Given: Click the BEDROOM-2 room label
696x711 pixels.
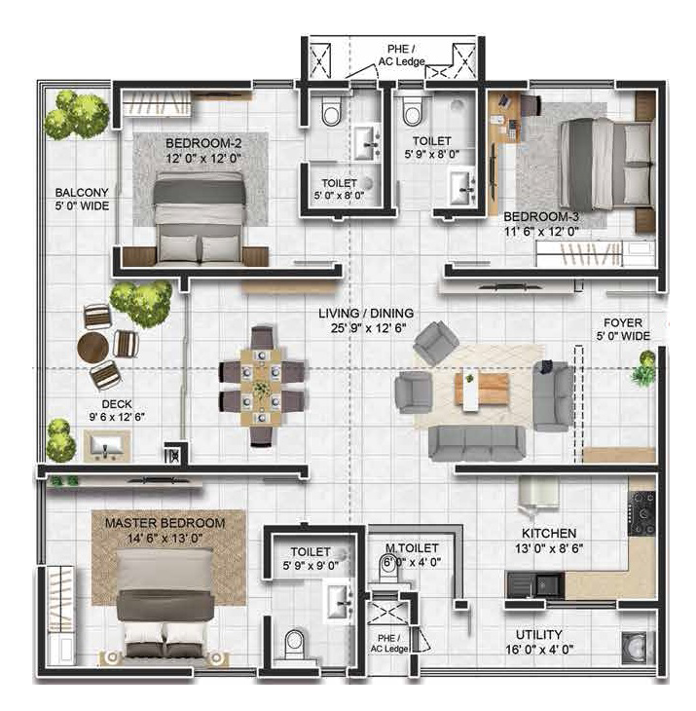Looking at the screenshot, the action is (x=203, y=143).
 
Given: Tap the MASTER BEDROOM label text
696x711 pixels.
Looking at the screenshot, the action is (x=165, y=523).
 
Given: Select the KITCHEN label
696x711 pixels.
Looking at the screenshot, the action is (x=549, y=534).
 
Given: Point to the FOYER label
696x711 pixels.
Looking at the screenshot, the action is (x=623, y=322).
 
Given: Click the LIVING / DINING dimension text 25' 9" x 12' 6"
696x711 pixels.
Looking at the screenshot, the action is (x=368, y=328).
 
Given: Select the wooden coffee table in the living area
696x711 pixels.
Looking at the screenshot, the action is (x=482, y=390).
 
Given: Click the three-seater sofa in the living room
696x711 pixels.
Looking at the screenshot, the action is (x=477, y=442).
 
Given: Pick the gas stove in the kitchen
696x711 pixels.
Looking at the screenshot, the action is (x=641, y=513).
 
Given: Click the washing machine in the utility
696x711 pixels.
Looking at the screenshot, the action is (x=638, y=649).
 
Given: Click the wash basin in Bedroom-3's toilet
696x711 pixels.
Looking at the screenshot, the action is (x=462, y=187).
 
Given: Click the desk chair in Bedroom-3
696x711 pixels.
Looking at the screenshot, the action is (x=531, y=106).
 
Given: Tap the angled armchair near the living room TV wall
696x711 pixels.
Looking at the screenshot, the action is (x=436, y=341).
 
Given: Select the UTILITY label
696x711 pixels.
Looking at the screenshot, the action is (x=538, y=634).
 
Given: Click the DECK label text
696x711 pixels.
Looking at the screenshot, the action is (x=117, y=403).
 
